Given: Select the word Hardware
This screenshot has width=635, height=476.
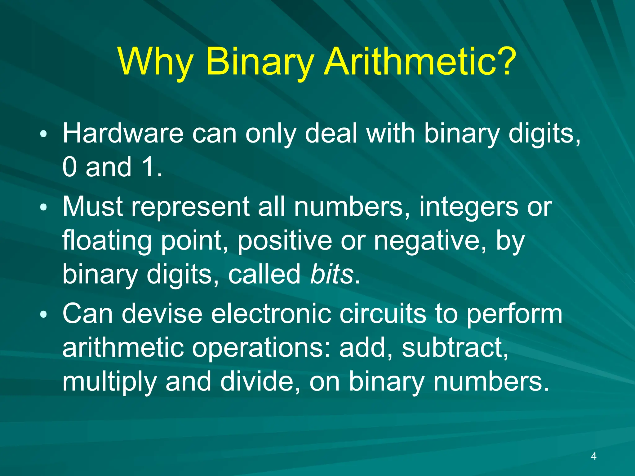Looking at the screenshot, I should tap(123, 134).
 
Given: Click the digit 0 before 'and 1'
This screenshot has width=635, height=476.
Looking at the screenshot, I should tap(69, 167).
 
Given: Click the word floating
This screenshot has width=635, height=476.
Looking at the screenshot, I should tap(107, 241).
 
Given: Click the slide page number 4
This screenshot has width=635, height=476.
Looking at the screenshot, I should tap(593, 456).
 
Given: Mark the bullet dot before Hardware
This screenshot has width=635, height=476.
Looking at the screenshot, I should tap(44, 134).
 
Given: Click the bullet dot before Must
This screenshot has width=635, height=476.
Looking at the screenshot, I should tap(44, 207).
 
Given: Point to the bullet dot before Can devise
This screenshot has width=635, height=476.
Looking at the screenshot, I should tap(44, 315).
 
